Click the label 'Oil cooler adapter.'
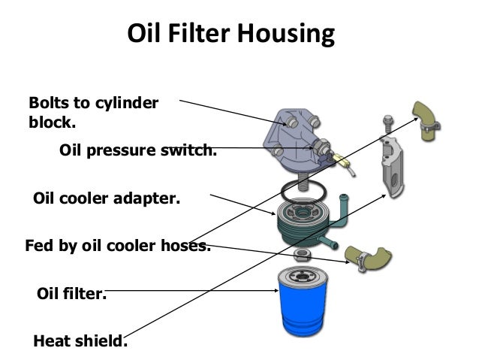[107, 201]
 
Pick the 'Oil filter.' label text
[72, 293]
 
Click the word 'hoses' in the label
[181, 245]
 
